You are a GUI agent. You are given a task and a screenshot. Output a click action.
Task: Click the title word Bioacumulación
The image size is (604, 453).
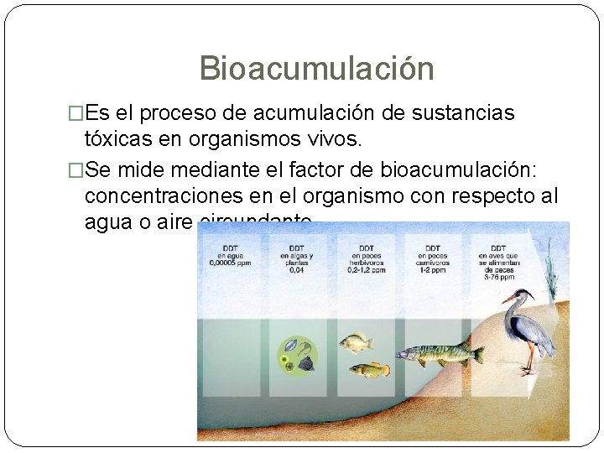316,69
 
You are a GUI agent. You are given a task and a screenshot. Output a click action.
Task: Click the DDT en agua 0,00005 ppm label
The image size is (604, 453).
230,254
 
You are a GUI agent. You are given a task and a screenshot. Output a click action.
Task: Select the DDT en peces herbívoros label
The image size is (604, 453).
367,258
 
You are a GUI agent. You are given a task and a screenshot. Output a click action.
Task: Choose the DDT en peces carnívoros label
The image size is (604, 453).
433,258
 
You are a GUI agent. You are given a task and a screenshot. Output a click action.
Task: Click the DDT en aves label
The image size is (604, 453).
498,259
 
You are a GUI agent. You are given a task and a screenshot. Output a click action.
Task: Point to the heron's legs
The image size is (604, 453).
528,359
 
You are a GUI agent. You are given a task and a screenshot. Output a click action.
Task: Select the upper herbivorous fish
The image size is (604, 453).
356,341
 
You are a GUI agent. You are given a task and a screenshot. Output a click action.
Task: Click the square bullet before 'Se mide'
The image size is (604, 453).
75,171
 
